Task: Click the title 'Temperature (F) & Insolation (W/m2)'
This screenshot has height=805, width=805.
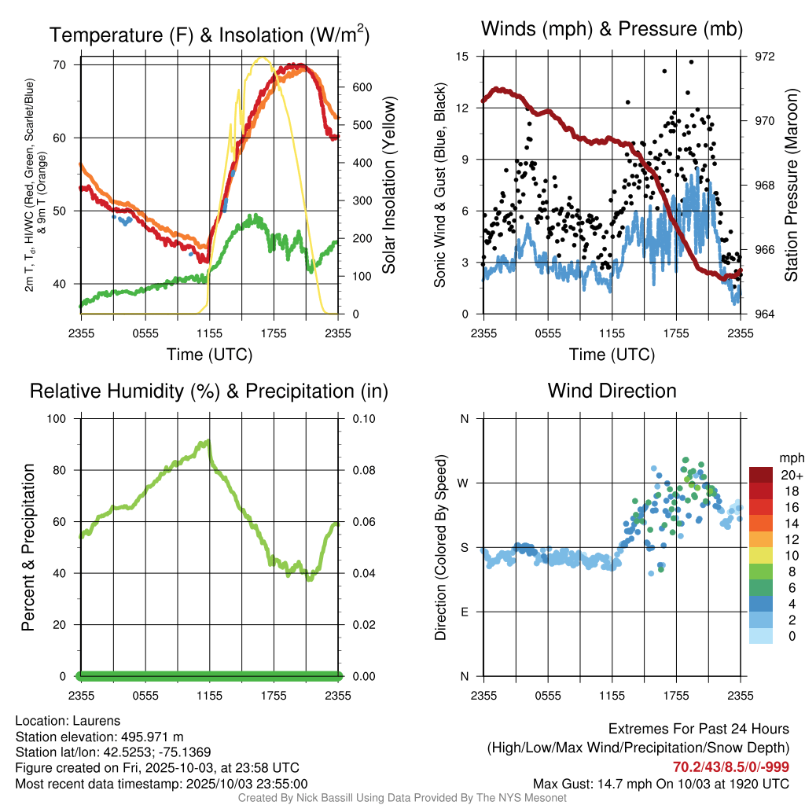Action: pos(209,35)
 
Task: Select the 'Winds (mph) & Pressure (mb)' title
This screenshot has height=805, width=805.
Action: pos(612,29)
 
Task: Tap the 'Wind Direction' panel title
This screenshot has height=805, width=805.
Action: pos(612,391)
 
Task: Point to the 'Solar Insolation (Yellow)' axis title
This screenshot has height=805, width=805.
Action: pos(388,186)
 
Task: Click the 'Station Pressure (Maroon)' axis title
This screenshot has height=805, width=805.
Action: pos(792,186)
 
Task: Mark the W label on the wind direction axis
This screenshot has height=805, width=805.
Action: pos(465,483)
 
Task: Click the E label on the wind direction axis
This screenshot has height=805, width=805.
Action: pos(465,612)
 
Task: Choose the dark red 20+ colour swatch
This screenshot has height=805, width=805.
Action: pos(760,474)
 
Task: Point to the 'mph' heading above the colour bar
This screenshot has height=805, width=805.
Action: pos(790,458)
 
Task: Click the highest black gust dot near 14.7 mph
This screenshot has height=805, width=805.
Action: pos(691,61)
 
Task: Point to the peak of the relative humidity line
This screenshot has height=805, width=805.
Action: pos(208,442)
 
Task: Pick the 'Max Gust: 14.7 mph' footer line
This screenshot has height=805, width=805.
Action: pos(661,783)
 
